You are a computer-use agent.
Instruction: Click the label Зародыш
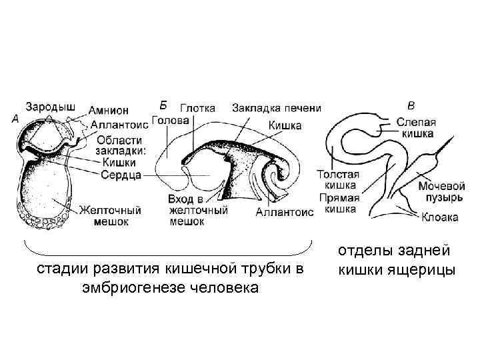coord(51,105)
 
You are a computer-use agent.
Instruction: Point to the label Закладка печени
coord(277,108)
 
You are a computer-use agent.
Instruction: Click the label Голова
coord(171,121)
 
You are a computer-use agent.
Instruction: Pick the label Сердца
coord(120,175)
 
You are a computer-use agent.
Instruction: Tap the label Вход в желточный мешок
coord(198,211)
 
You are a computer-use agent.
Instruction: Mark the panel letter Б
coord(163,104)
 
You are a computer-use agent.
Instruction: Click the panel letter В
coord(411,105)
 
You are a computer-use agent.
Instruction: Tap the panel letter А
coord(15,119)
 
